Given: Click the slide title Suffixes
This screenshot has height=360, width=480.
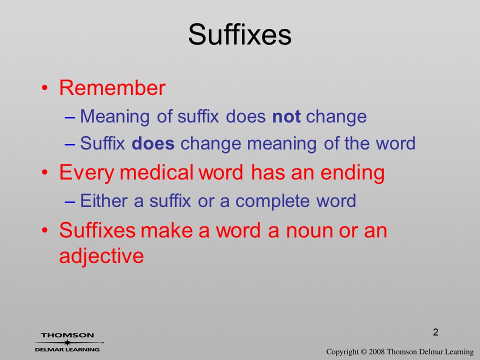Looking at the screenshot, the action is coord(239,34).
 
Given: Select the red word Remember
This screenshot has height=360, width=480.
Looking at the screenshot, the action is coord(112,87).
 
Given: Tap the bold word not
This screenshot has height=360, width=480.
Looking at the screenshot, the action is coord(286,116).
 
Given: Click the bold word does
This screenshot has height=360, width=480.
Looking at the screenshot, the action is coord(153,143).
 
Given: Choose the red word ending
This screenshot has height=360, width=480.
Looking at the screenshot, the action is coord(352,173).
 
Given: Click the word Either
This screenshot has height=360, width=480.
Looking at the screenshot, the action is coord(104,201).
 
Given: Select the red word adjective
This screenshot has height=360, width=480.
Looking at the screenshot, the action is coord(101,255).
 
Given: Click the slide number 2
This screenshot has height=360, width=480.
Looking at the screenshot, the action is coord(435,332).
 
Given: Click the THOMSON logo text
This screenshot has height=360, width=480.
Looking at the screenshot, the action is coord(67,335).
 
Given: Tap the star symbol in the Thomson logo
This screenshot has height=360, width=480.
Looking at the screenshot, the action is coord(67,342).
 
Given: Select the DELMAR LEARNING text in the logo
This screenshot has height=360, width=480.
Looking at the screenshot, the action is coord(67,349).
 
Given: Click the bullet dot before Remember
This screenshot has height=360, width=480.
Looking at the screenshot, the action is coord(44,88).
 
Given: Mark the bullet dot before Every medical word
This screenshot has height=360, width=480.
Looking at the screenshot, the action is coord(44,172).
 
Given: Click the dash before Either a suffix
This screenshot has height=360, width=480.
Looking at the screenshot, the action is coord(70,201).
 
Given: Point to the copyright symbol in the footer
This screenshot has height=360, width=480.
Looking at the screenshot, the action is coord(363,351).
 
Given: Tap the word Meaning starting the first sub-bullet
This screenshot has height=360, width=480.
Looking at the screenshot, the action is coord(115,117).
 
